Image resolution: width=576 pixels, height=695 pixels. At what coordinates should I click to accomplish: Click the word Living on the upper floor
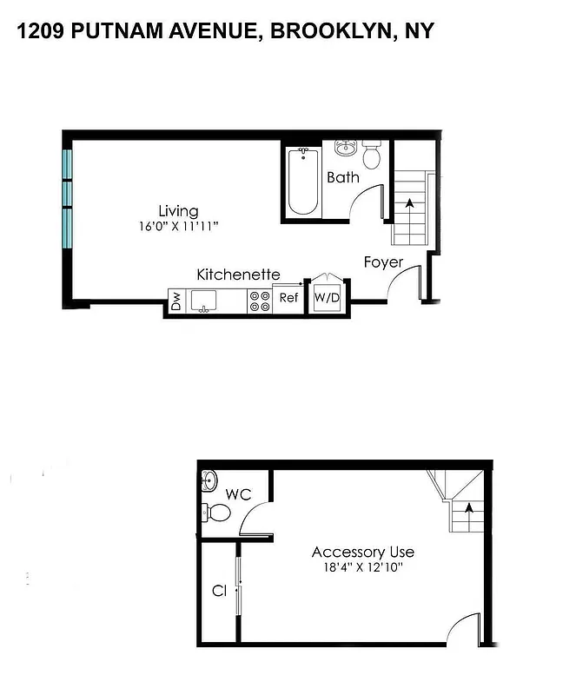click(x=178, y=211)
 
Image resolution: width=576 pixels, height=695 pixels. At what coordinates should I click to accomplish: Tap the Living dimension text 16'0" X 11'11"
click(x=178, y=227)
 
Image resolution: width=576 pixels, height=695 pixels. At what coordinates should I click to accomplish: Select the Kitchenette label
click(x=238, y=275)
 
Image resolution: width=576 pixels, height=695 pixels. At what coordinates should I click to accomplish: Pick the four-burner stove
click(x=259, y=301)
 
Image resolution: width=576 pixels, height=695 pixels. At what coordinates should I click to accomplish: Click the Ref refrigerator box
click(x=288, y=298)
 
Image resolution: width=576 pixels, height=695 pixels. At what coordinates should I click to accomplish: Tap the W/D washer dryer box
click(x=326, y=298)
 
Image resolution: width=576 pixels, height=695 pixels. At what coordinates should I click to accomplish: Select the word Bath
click(x=342, y=178)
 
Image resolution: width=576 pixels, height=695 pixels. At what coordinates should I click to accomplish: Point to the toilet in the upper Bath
click(x=372, y=155)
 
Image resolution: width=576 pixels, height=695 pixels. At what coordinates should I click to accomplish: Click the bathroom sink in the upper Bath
click(x=347, y=147)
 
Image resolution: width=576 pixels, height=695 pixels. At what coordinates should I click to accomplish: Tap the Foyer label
click(x=383, y=261)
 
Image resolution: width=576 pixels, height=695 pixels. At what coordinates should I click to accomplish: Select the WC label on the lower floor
click(x=238, y=495)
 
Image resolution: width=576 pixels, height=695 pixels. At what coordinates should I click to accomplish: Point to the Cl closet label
click(x=219, y=591)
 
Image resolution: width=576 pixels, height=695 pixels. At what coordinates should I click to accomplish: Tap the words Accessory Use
click(x=362, y=553)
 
